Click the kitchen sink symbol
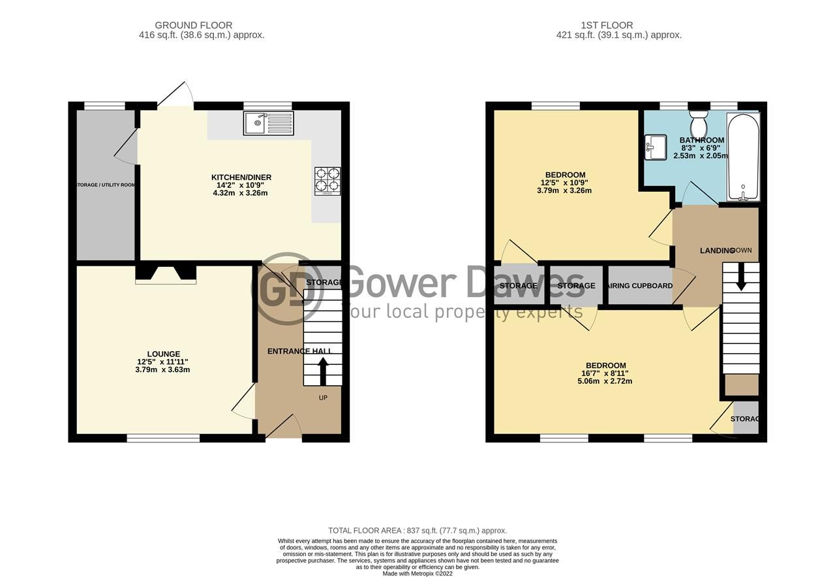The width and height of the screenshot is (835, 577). pyautogui.click(x=268, y=123)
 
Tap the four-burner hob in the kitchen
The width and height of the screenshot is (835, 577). pyautogui.click(x=327, y=181)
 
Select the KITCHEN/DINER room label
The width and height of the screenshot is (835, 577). pyautogui.click(x=241, y=178)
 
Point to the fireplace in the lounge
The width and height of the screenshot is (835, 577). pyautogui.click(x=166, y=273)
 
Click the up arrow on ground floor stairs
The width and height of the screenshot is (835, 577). pyautogui.click(x=322, y=372)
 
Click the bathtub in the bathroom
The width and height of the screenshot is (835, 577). pyautogui.click(x=743, y=157)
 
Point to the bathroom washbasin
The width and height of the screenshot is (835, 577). pyautogui.click(x=654, y=147)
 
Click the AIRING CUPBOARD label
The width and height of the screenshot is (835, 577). pyautogui.click(x=639, y=286)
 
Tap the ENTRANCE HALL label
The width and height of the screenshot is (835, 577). pyautogui.click(x=299, y=351)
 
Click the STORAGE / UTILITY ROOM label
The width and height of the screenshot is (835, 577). pyautogui.click(x=106, y=185)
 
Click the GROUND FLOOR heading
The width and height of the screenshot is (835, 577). pyautogui.click(x=193, y=25)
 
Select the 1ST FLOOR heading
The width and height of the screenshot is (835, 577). pyautogui.click(x=607, y=25)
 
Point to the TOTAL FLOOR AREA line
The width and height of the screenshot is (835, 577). pyautogui.click(x=417, y=531)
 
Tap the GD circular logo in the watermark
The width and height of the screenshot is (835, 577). pyautogui.click(x=287, y=288)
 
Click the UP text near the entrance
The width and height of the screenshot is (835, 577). pyautogui.click(x=323, y=398)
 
